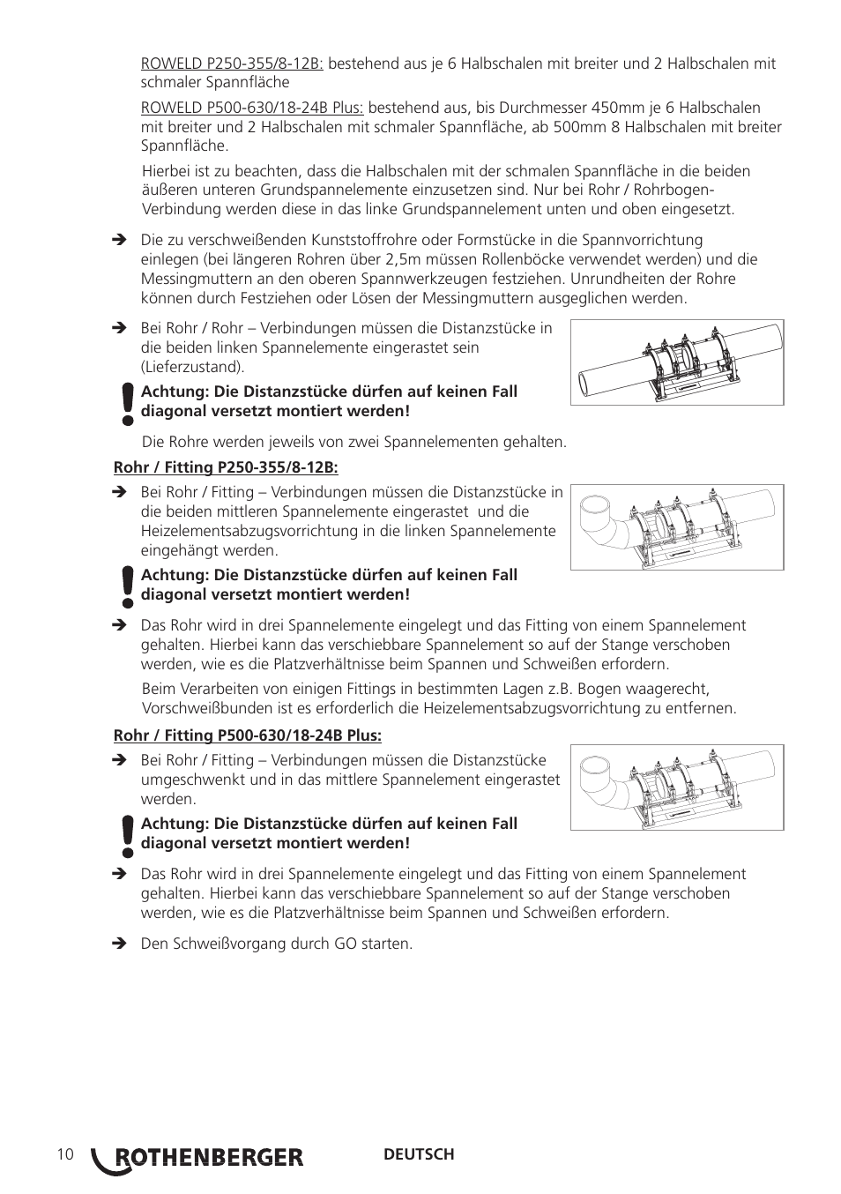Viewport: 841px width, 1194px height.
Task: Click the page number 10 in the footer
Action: pos(64,1154)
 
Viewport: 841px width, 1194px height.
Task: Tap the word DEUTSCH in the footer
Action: pos(419,1154)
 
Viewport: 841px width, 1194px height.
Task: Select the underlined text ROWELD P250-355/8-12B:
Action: pos(232,63)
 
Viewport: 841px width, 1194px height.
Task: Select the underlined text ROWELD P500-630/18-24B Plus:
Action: pos(252,108)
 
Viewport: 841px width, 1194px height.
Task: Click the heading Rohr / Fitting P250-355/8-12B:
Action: pos(226,467)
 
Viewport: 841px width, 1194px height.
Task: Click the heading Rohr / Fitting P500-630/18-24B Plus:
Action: pos(248,735)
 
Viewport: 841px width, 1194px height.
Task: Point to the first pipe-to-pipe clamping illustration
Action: pos(677,362)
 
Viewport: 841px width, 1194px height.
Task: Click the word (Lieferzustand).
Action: pos(192,367)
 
